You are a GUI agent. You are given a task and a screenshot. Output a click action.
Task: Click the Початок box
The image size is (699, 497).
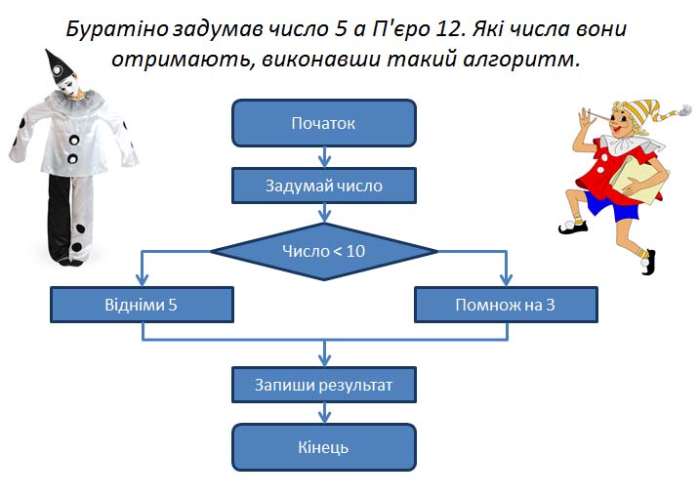pyautogui.click(x=324, y=123)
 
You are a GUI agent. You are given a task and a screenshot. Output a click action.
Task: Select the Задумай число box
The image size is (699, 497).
pyautogui.click(x=324, y=186)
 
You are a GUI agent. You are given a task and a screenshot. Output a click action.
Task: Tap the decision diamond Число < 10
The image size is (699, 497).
pyautogui.click(x=324, y=251)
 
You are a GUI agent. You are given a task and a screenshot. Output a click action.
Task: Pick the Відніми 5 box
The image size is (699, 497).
pyautogui.click(x=142, y=305)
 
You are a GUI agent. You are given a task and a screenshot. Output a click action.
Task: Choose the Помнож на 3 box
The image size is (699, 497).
pyautogui.click(x=506, y=305)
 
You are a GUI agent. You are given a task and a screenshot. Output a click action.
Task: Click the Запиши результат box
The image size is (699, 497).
pyautogui.click(x=324, y=385)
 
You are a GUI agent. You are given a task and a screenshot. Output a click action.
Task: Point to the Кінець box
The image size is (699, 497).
pyautogui.click(x=324, y=447)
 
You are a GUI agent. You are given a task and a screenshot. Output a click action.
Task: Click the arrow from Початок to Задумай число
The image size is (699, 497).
pyautogui.click(x=324, y=157)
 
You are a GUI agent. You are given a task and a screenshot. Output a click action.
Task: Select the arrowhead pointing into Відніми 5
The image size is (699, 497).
pyautogui.click(x=142, y=280)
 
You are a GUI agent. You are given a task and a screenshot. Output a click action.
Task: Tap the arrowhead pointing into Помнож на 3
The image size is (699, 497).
pyautogui.click(x=506, y=280)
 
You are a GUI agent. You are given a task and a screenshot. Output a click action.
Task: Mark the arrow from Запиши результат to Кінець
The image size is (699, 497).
pyautogui.click(x=324, y=413)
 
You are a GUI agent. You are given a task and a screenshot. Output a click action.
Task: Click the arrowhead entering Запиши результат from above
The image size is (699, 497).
pyautogui.click(x=324, y=360)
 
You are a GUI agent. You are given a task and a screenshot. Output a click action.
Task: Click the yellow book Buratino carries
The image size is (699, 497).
pyautogui.click(x=639, y=180)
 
